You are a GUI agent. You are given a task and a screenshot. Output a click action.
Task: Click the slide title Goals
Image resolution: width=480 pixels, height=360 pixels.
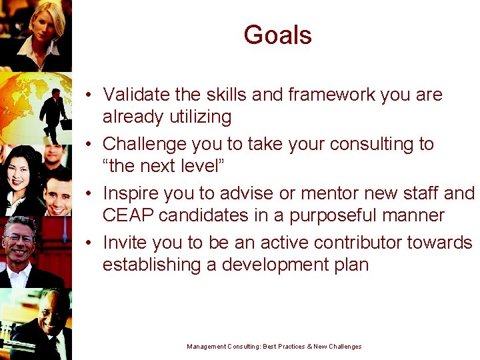pyautogui.click(x=277, y=35)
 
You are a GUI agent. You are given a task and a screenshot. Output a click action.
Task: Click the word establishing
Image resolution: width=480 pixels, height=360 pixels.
pyautogui.click(x=150, y=265)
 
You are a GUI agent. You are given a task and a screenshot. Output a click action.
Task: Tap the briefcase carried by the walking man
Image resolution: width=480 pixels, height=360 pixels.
pyautogui.click(x=65, y=123)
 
